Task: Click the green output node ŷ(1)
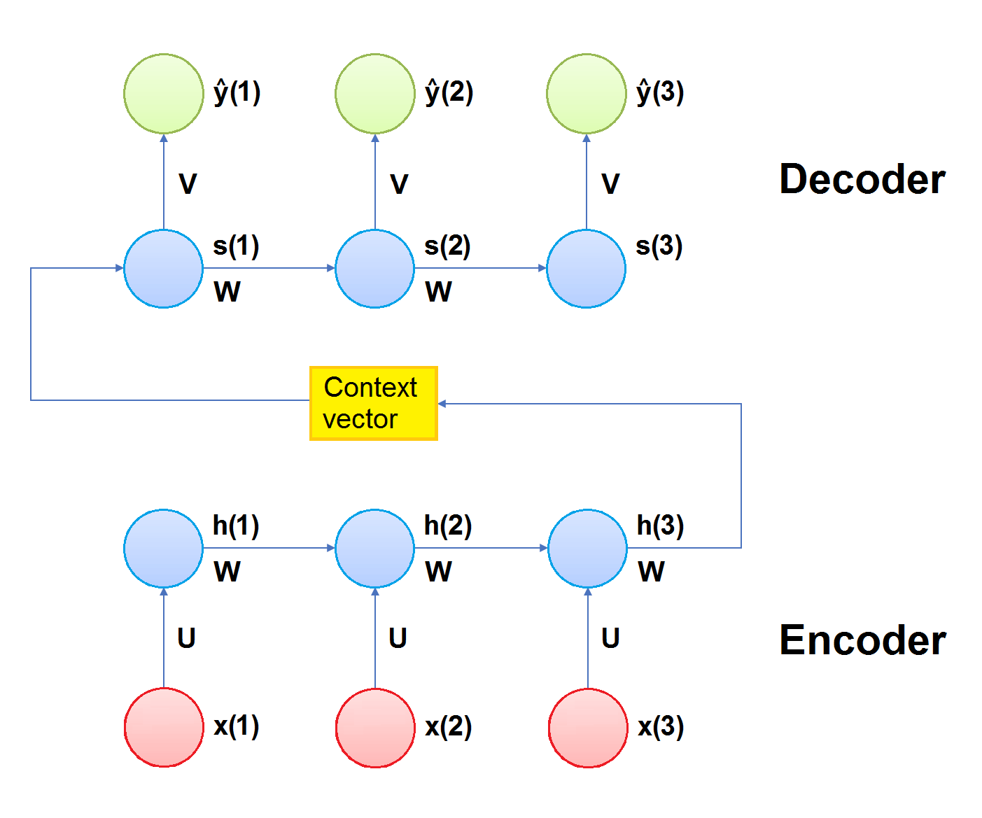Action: coord(164,94)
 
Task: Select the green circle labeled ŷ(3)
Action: coord(587,94)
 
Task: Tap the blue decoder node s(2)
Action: coord(375,269)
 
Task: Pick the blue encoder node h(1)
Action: coord(164,549)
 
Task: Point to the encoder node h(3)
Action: coord(588,549)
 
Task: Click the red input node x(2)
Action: coord(375,728)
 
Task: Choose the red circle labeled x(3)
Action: coord(588,728)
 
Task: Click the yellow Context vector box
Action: coord(374,403)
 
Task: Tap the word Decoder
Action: coord(862,179)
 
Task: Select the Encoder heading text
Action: coord(862,640)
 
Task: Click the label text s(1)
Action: coord(236,246)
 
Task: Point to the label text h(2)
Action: coord(448,526)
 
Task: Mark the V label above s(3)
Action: coord(610,184)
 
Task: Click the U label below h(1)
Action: coord(186,638)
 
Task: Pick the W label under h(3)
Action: coord(651,572)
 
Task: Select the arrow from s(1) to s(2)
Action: coord(269,268)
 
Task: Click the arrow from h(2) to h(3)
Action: coord(481,548)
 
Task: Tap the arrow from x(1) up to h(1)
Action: coord(164,638)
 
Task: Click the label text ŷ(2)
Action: coord(449,92)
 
